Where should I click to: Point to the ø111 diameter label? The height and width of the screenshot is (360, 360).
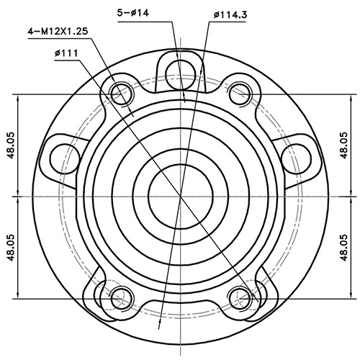[x=66, y=53]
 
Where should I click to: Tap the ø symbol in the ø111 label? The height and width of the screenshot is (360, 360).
[x=57, y=53]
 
